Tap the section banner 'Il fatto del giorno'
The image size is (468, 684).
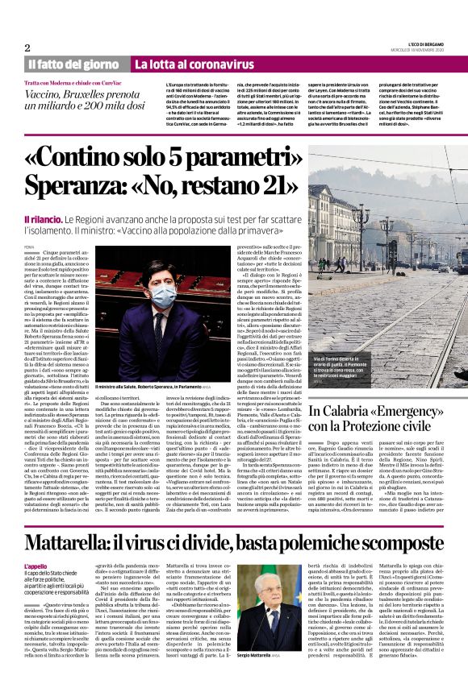(x=73, y=64)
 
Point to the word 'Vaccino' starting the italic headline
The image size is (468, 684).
(x=48, y=94)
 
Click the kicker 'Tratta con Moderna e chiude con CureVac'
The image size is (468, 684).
(x=73, y=83)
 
